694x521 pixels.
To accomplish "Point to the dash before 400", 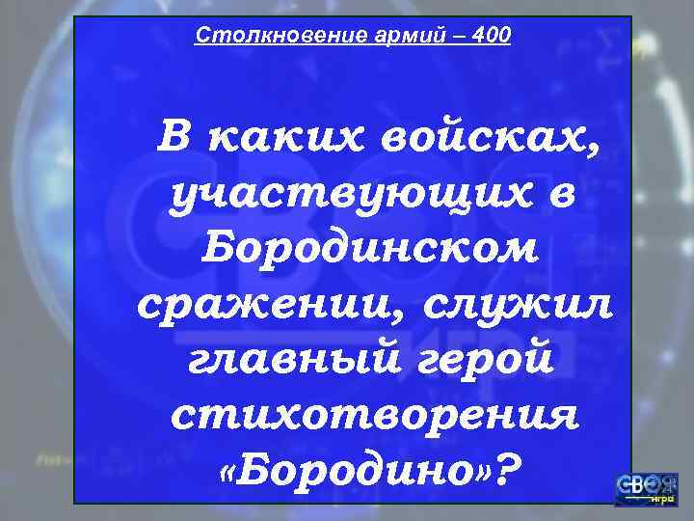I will [453, 36].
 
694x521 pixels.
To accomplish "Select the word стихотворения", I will [375, 417].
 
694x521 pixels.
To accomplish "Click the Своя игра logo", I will [646, 488].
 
